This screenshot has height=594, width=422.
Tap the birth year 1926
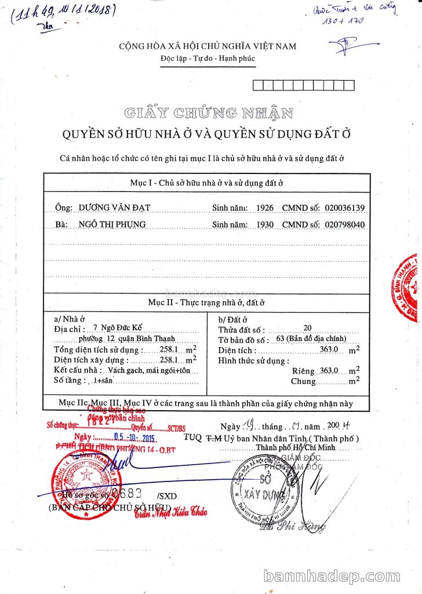click(x=264, y=207)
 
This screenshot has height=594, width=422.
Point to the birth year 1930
click(x=264, y=224)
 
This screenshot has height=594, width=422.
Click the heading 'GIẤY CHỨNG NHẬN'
click(x=208, y=113)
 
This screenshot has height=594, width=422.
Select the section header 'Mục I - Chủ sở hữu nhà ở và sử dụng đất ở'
click(x=206, y=183)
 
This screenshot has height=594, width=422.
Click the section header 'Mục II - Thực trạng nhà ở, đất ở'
click(x=206, y=302)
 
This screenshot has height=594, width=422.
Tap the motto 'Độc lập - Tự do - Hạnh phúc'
click(x=208, y=58)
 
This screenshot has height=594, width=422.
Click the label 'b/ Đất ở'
click(x=232, y=319)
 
